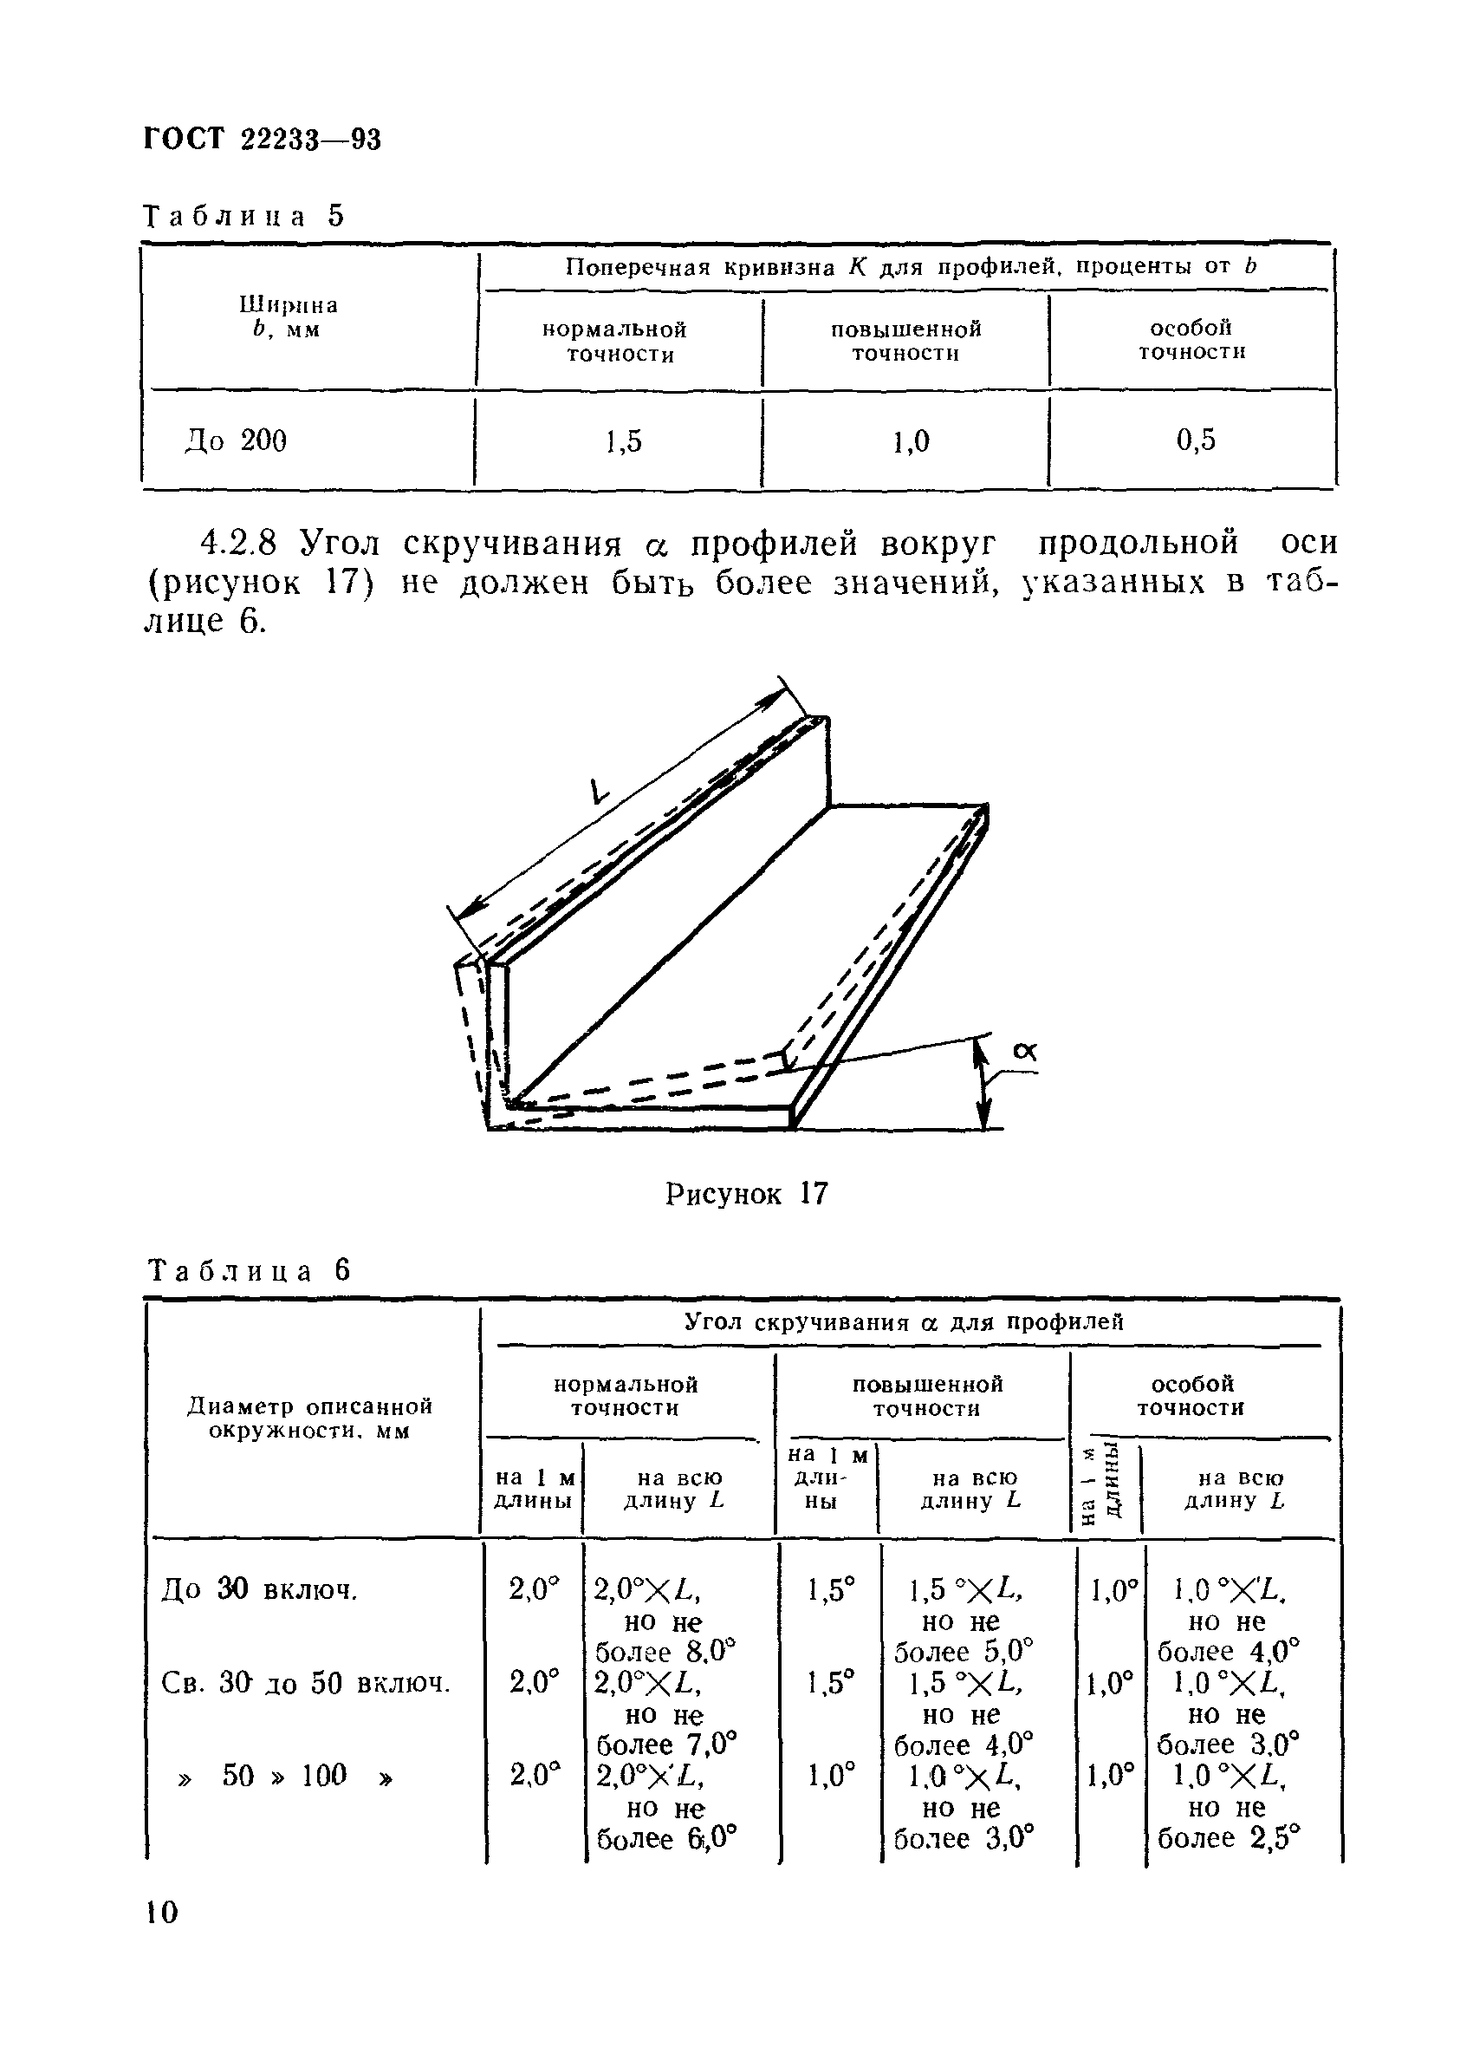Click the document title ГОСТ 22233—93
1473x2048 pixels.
pos(263,139)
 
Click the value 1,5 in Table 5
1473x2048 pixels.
pos(624,440)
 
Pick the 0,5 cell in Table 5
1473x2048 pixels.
pos(1195,440)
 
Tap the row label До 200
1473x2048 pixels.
pos(236,440)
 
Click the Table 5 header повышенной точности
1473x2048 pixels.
pos(905,341)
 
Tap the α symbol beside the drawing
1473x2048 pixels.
pos(1024,1052)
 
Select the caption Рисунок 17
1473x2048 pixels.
pos(745,1195)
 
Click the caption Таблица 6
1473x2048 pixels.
pos(248,1270)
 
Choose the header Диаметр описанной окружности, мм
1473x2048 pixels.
pos(309,1419)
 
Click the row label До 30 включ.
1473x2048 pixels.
pos(260,1589)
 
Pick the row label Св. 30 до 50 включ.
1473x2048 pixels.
pos(305,1683)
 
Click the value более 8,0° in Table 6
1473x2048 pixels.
pos(666,1653)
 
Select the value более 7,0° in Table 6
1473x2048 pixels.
pos(667,1745)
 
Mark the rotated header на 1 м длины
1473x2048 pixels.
pos(1103,1485)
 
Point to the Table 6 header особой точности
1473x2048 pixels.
pos(1191,1395)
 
